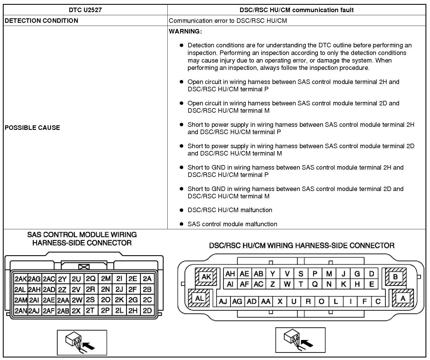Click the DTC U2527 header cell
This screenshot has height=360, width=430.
(x=85, y=10)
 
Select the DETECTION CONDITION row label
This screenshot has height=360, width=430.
(x=41, y=21)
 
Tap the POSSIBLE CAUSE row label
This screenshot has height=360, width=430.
(x=32, y=128)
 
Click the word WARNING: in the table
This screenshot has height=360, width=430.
(x=185, y=31)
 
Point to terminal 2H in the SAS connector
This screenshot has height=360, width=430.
(x=133, y=310)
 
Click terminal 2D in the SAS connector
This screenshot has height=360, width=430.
(x=147, y=310)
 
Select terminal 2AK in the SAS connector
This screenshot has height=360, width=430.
(x=21, y=279)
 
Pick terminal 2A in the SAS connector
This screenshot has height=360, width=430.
(x=147, y=279)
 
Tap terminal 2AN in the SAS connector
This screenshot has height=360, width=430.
(x=21, y=310)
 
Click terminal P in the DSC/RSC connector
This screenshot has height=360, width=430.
(x=315, y=274)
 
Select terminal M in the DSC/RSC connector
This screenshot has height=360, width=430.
(x=329, y=274)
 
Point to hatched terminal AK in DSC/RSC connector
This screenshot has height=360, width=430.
(x=206, y=277)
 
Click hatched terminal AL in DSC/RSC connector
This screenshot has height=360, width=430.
(x=199, y=298)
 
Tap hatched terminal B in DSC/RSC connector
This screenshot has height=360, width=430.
(x=395, y=277)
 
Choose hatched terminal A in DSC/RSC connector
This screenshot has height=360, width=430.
(x=403, y=298)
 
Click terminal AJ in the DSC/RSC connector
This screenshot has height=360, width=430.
(x=223, y=302)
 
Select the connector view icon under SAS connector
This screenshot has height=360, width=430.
(x=82, y=343)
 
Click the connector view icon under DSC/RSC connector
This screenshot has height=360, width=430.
(x=300, y=340)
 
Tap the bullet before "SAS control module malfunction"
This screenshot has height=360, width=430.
(x=182, y=224)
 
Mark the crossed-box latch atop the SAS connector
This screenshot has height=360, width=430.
(x=84, y=267)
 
